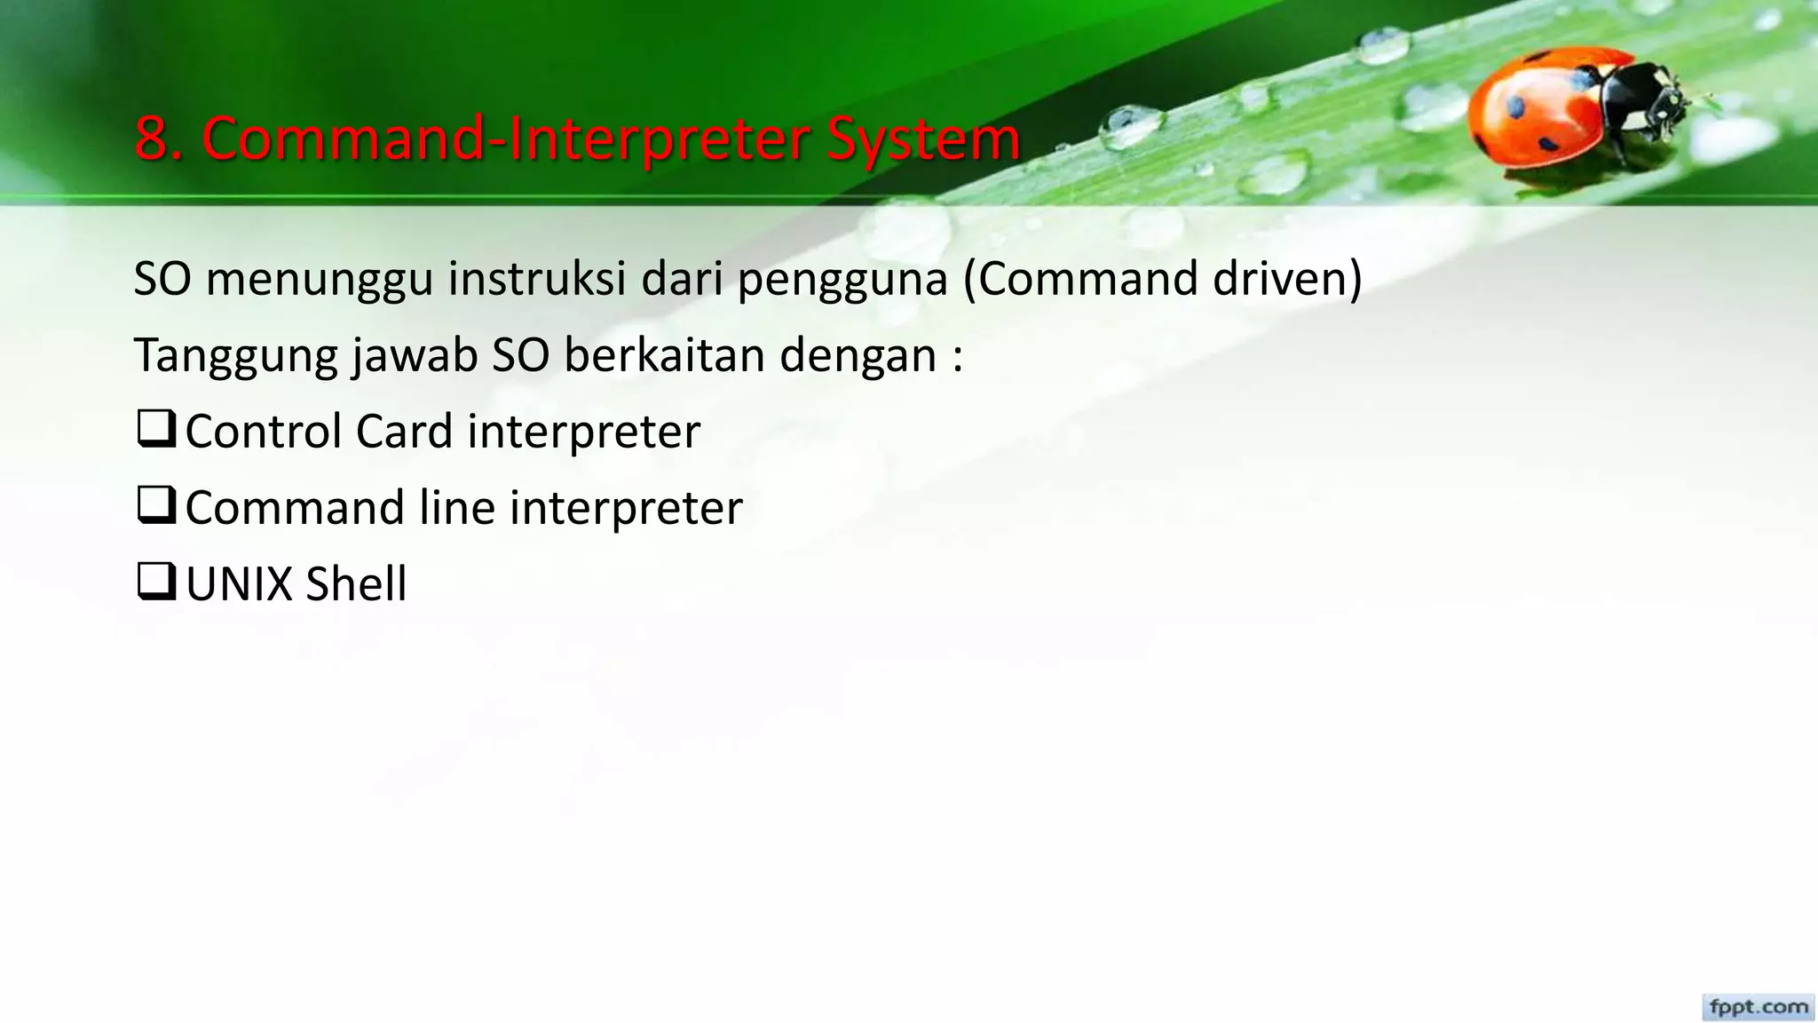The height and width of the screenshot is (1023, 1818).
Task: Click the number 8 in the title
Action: (x=154, y=139)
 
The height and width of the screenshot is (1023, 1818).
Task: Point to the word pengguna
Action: (x=842, y=281)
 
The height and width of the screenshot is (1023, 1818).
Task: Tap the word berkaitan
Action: (x=664, y=355)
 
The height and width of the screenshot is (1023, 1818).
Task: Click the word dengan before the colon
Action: (x=858, y=357)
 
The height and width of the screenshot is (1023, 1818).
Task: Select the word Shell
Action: (x=355, y=584)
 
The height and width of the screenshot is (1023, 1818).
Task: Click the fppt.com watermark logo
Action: (x=1758, y=1007)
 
